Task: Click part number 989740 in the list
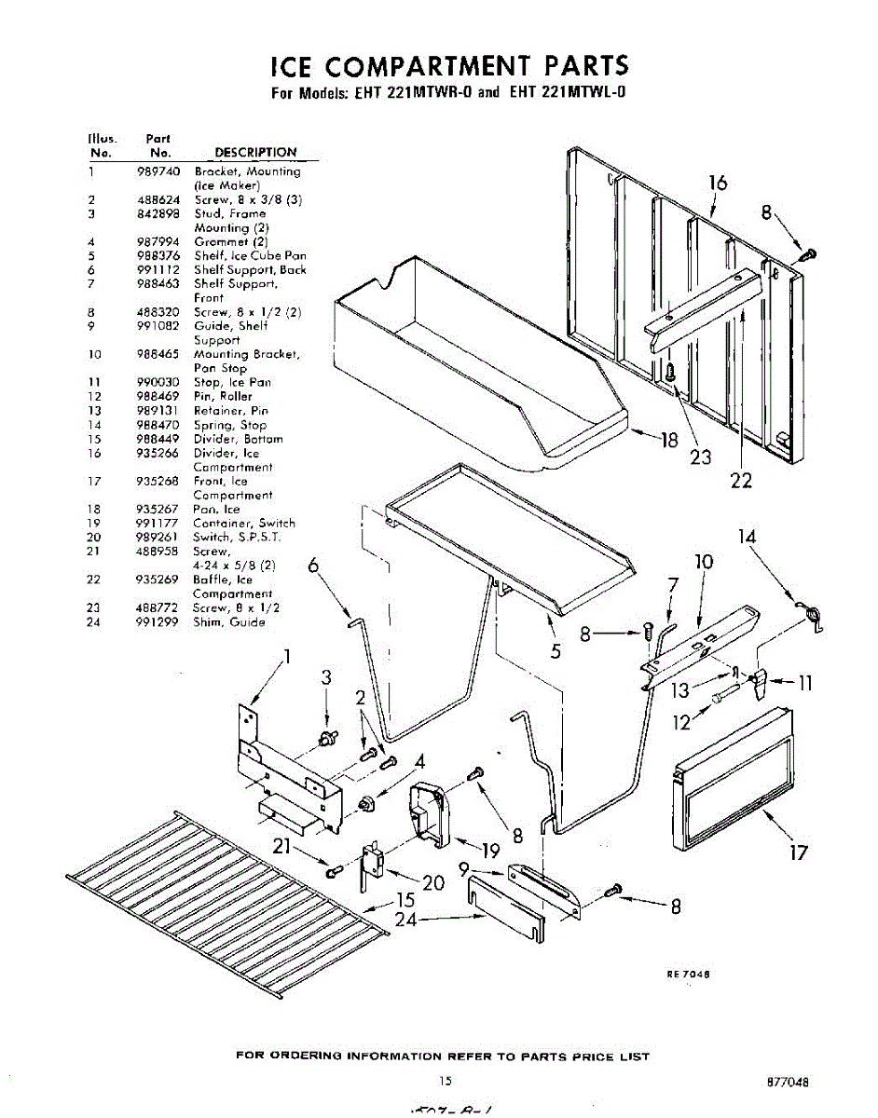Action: pyautogui.click(x=158, y=171)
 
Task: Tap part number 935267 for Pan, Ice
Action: pyautogui.click(x=158, y=510)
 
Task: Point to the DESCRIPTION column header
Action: pyautogui.click(x=255, y=152)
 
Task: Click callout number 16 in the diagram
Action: pyautogui.click(x=718, y=183)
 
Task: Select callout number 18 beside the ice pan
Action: pyautogui.click(x=669, y=440)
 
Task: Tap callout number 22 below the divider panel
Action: pyautogui.click(x=741, y=481)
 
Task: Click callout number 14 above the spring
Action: pyautogui.click(x=746, y=537)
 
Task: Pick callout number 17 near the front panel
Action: pyautogui.click(x=798, y=852)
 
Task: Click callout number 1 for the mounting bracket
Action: pyautogui.click(x=288, y=657)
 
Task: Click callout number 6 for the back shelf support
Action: pyautogui.click(x=312, y=566)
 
